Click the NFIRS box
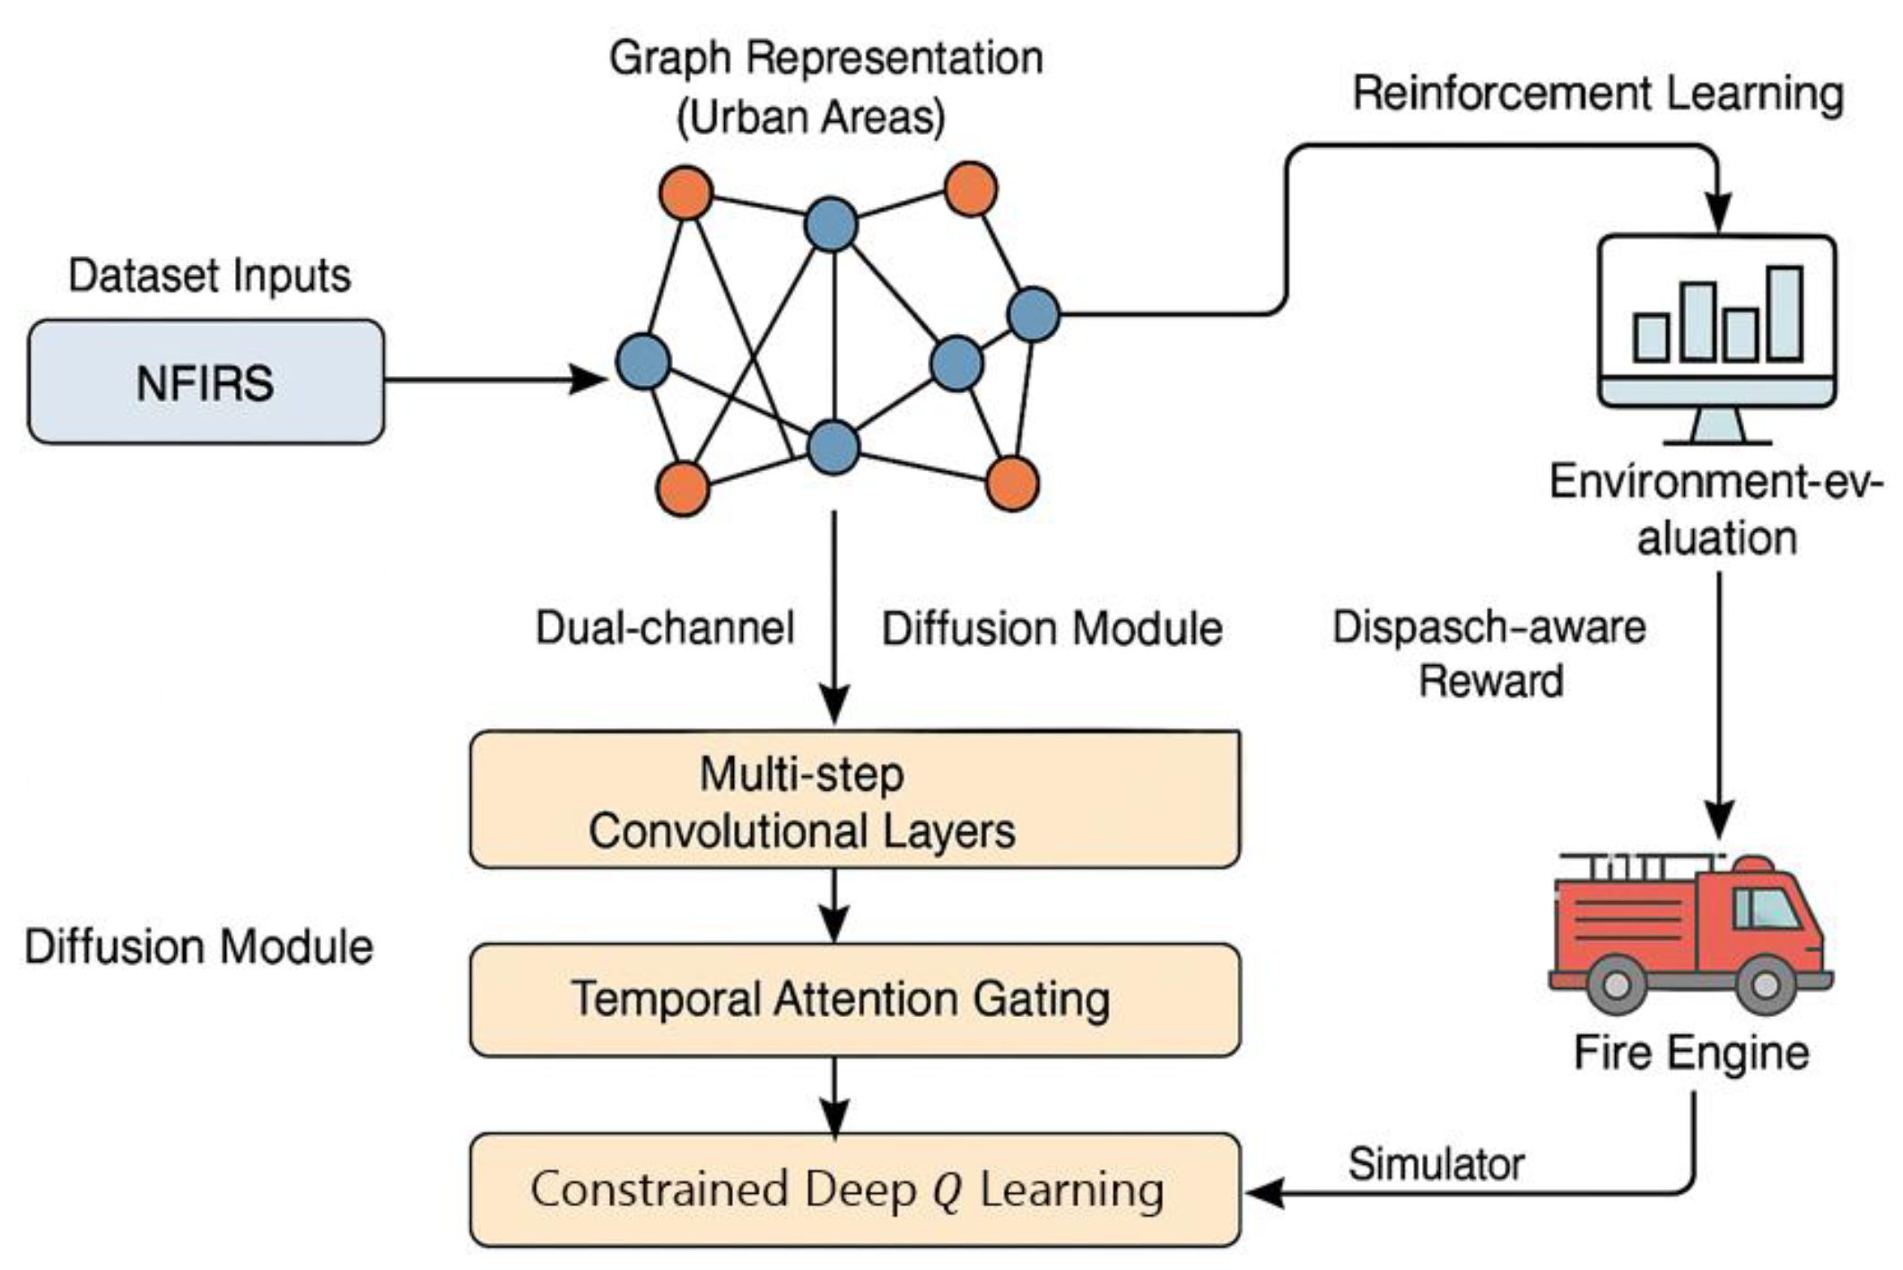tap(206, 382)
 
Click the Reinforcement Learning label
tap(1597, 94)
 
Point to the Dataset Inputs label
tap(209, 276)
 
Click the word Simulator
tap(1436, 1165)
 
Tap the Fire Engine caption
tap(1691, 1053)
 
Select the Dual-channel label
tap(665, 627)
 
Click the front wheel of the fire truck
tap(1765, 985)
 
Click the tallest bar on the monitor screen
tap(1785, 313)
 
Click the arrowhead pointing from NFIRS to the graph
tap(590, 380)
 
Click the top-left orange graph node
tap(685, 193)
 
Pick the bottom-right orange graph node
tap(1012, 484)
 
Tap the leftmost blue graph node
tap(643, 361)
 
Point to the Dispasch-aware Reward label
tap(1489, 653)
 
